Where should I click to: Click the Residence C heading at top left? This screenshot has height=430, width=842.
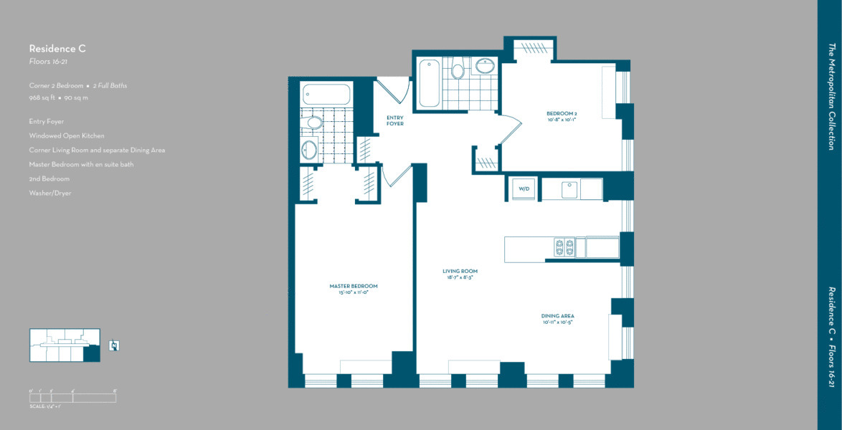(57, 49)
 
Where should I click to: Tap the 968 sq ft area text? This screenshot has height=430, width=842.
(42, 97)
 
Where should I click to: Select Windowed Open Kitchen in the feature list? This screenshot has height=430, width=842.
(66, 135)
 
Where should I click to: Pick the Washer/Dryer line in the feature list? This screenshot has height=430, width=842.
(50, 193)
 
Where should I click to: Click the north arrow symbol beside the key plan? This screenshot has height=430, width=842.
(114, 345)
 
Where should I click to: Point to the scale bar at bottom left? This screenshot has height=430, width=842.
(72, 396)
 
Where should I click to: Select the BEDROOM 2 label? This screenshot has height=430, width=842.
(562, 114)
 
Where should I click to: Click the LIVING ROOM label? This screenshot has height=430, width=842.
(460, 272)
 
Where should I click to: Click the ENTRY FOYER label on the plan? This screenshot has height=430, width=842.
(394, 120)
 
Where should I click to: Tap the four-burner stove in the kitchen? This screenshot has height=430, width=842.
(564, 247)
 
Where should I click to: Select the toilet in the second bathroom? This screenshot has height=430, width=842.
(458, 70)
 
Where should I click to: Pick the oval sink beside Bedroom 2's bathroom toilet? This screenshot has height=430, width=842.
(486, 67)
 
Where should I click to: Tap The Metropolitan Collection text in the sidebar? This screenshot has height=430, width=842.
(831, 96)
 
